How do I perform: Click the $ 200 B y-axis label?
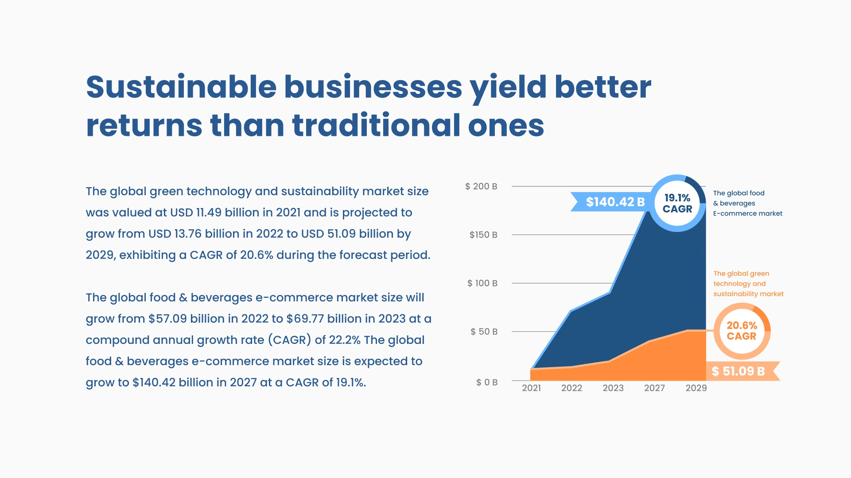(481, 186)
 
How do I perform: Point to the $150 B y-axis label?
(483, 235)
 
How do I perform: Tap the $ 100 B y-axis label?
(482, 283)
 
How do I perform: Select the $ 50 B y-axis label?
(484, 332)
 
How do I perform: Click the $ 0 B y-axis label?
(487, 382)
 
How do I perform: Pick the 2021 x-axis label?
(531, 388)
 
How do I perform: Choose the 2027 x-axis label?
(654, 388)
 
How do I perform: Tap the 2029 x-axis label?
(696, 388)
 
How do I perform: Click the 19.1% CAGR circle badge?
(677, 203)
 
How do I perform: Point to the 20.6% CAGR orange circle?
(742, 331)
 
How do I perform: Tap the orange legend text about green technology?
(748, 284)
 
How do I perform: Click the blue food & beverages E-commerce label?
(747, 203)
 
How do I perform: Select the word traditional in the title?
(376, 125)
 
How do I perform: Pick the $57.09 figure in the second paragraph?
(167, 319)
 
